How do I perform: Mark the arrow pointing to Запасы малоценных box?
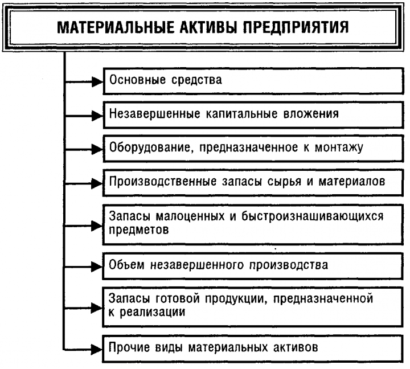93,224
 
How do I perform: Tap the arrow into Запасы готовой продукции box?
93,306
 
